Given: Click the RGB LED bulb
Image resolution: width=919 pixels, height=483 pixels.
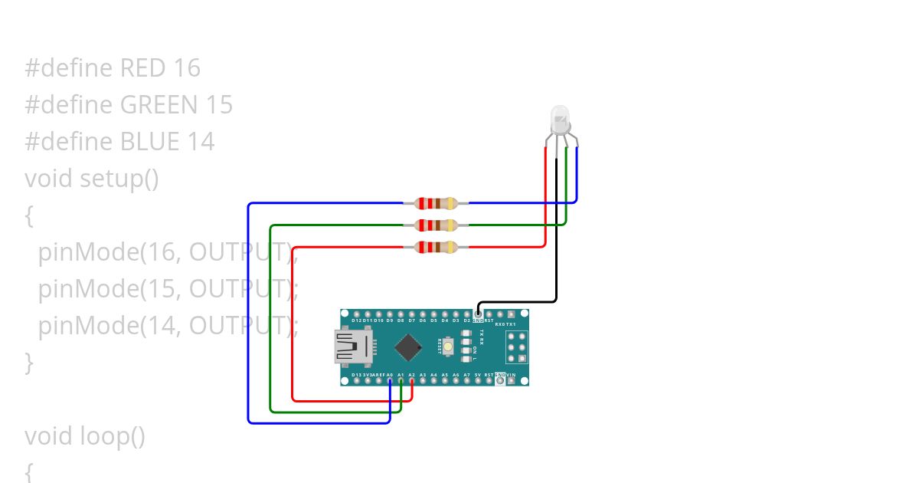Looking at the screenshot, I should pos(561,119).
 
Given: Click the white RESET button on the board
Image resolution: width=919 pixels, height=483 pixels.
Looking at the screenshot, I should pos(466,347).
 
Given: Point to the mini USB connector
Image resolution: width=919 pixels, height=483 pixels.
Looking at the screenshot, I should pos(349,347).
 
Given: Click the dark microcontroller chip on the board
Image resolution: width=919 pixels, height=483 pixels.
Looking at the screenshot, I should pos(409,347).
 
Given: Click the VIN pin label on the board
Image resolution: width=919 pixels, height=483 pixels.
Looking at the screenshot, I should pos(511,375).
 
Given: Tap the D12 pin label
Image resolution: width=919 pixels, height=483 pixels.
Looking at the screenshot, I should pos(357,320).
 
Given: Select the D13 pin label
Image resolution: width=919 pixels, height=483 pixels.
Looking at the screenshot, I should pos(357,375).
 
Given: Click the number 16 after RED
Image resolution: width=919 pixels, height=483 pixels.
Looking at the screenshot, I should pos(187,68).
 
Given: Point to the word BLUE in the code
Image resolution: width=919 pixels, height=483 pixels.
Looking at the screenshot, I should pos(150,142).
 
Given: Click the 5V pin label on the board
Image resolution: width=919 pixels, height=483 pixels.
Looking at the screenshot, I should pos(478,375).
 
